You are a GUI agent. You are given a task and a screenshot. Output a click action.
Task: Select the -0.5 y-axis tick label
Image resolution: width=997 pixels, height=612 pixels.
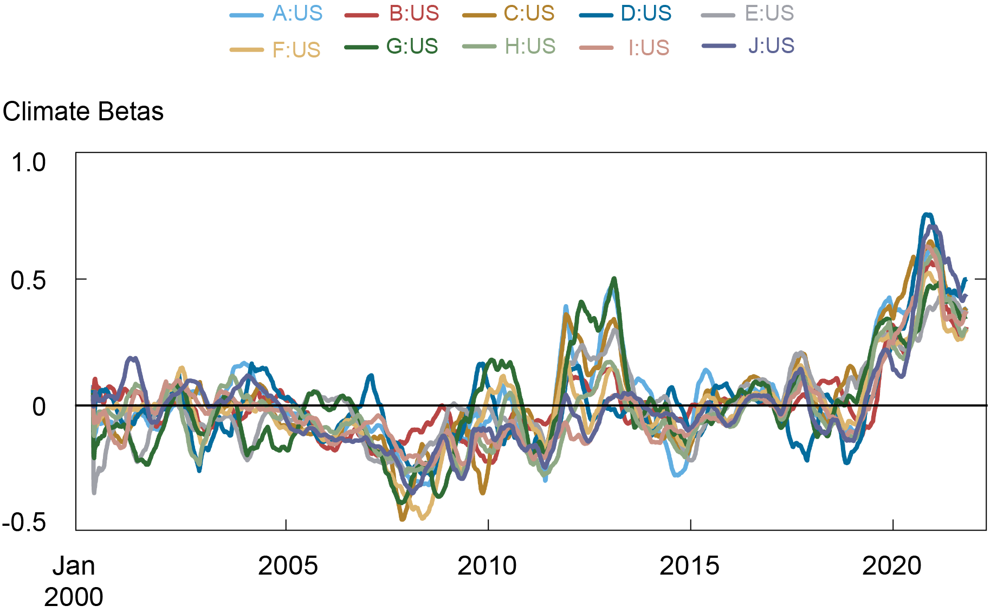24,523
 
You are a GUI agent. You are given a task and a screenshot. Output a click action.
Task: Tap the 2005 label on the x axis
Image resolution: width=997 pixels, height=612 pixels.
288,566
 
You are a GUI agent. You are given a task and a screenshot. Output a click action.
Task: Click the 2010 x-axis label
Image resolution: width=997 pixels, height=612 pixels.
487,566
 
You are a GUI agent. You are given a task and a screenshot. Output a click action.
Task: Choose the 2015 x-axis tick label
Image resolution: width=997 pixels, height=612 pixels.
689,566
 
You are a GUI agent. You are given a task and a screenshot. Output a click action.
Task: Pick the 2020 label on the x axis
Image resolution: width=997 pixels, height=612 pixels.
891,566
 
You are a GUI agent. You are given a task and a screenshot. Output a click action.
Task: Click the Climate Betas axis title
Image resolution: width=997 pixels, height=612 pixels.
83,112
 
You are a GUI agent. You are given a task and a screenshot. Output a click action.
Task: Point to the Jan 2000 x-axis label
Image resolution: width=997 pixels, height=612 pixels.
74,581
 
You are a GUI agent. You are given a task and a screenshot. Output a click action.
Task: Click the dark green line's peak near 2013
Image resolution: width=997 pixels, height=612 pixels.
614,279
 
